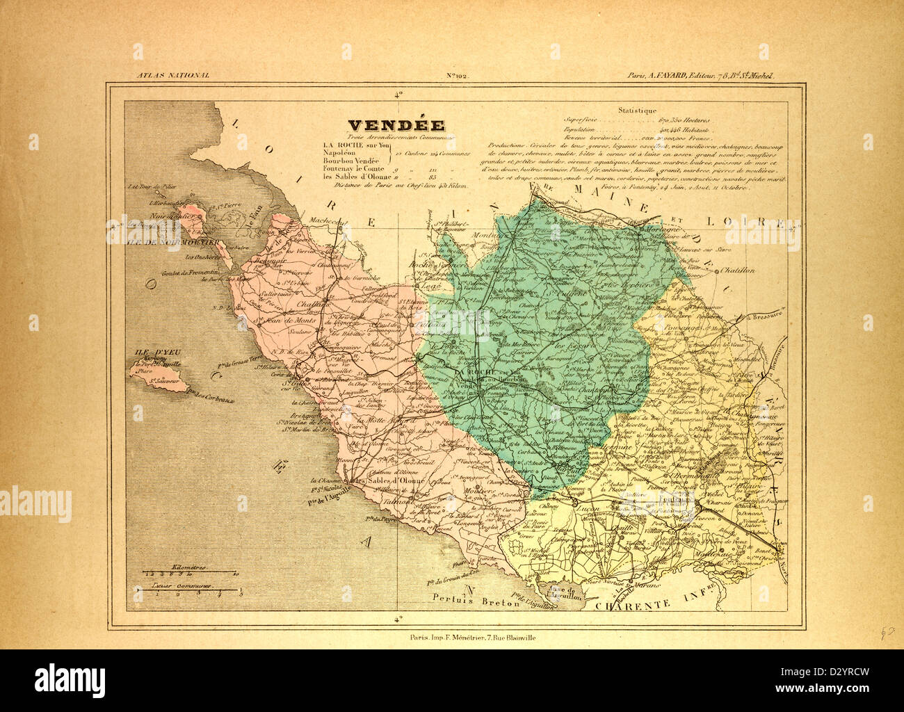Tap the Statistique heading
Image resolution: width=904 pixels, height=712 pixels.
pyautogui.click(x=636, y=110)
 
